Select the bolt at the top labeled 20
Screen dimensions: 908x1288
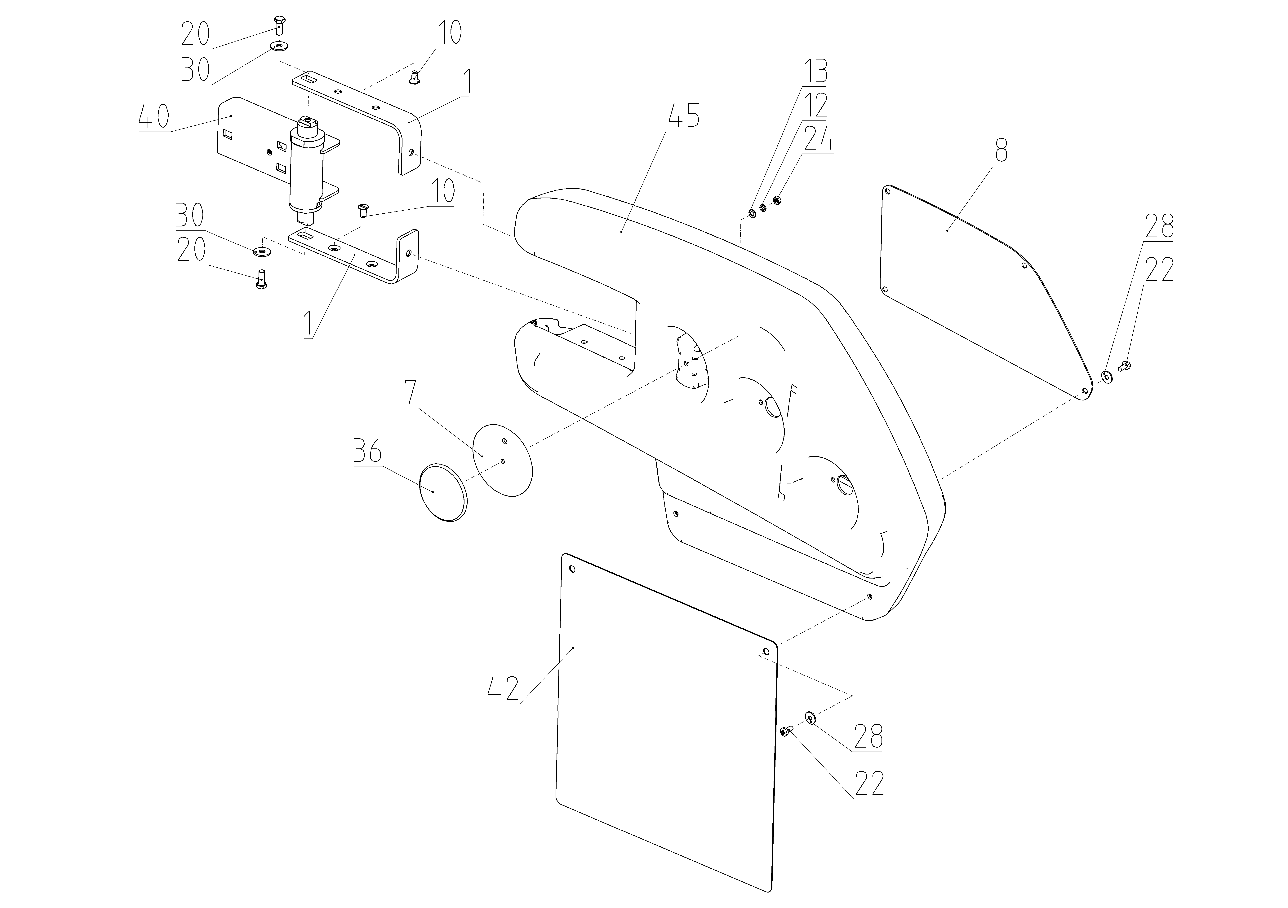click(280, 25)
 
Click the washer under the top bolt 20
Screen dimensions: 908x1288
click(277, 45)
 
